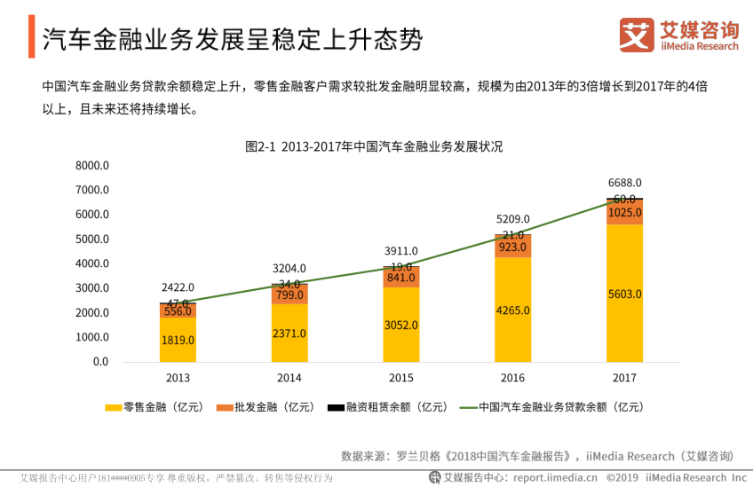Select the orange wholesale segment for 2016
[x=512, y=247]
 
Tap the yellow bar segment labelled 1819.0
[x=178, y=340]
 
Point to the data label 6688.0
[x=624, y=183]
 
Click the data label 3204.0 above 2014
[x=289, y=268]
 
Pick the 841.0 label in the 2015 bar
[x=401, y=277]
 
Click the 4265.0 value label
[x=512, y=310]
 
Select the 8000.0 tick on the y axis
[x=92, y=166]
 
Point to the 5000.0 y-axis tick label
[x=92, y=240]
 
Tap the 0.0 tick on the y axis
[x=100, y=362]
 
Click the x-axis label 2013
[x=178, y=377]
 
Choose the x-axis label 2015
[x=401, y=377]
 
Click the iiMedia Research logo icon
[x=636, y=36]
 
